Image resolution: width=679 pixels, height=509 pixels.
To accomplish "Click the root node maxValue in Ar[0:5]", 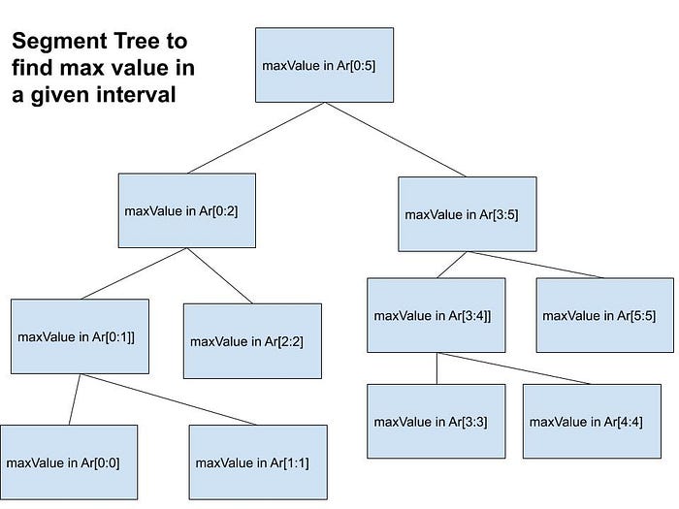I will pos(325,65).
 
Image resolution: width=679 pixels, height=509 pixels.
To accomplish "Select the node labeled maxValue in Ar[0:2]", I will pos(187,210).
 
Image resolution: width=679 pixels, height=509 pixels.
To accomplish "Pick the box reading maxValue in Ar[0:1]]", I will pos(80,336).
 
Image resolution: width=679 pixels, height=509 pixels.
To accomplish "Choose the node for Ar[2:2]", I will pos(252,340).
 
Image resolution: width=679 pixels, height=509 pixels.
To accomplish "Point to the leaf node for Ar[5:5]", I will pos(604,315).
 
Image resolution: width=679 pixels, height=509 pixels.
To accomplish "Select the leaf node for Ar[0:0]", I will pos(69,461).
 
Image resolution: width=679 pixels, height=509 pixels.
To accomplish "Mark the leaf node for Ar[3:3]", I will pos(436,421).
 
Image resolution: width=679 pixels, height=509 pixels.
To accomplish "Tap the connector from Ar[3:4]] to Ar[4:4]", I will pos(514,368).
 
